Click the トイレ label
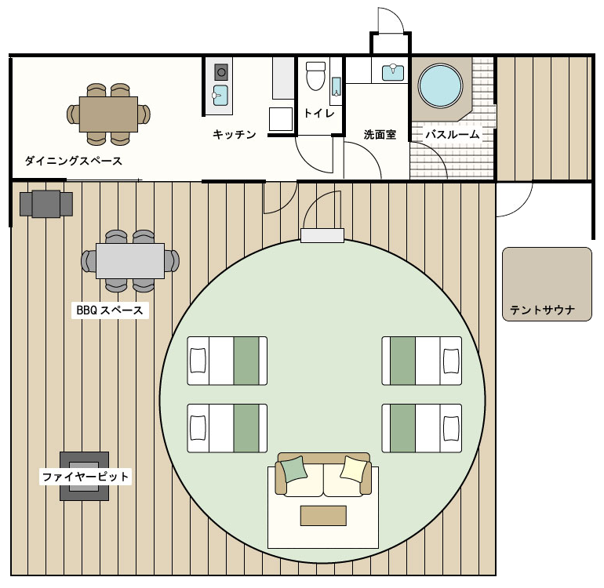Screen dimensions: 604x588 pos(319,113)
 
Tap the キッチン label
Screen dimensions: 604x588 pos(235,134)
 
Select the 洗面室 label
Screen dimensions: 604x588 pos(380,134)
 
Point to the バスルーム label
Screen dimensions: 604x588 pos(453,134)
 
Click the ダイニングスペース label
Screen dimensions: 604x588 pos(74,161)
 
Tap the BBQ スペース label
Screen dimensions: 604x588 pos(110,310)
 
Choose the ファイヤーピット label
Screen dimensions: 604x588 pos(86,477)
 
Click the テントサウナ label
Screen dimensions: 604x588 pos(542,310)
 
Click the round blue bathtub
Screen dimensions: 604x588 pos(440,85)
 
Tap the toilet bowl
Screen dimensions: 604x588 pos(315,76)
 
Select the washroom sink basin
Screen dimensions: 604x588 pos(393,72)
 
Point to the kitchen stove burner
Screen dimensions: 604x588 pos(221,72)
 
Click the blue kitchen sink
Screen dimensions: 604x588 pos(220,96)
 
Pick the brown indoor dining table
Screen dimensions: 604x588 pos(108,114)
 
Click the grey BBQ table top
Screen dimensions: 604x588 pos(130,261)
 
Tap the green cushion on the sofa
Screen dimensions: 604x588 pos(294,469)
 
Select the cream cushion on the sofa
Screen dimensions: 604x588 pos(353,469)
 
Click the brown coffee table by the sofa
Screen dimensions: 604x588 pos(323,516)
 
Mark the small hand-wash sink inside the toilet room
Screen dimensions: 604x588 pos(337,87)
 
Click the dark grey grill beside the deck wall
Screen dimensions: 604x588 pos(46,204)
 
